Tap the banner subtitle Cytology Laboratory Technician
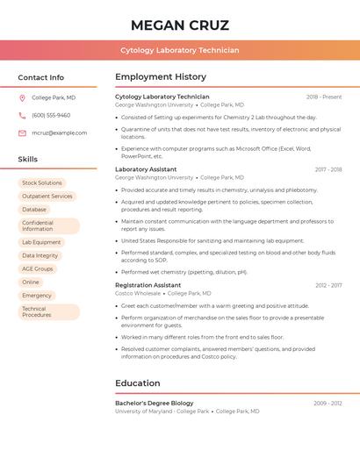179,50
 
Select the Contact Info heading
40,77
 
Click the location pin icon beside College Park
22,97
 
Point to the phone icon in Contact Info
22,115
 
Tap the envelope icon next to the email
22,132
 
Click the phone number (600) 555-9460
51,115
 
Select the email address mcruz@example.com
59,132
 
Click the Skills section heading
28,160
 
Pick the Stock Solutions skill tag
41,183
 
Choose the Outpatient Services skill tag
47,197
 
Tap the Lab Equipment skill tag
41,242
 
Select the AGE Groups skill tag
38,268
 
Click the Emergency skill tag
37,296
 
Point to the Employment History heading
161,77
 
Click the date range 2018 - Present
324,97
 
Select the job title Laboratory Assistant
146,169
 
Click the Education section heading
138,383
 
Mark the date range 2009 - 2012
328,403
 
